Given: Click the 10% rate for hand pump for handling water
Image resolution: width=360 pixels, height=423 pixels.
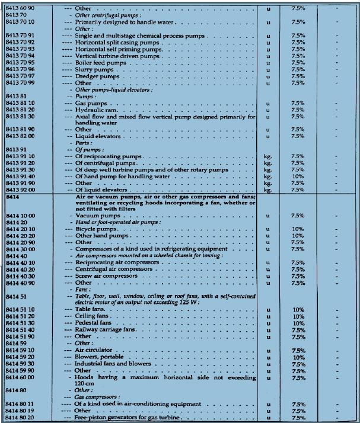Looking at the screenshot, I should point(298,176).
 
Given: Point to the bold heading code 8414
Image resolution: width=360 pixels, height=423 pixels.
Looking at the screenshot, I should point(12,196).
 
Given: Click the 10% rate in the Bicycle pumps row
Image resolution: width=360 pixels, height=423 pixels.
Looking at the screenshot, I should point(298,229).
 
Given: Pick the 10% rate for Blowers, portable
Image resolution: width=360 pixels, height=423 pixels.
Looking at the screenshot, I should point(298,357).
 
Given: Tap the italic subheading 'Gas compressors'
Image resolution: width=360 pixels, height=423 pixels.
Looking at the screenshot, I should point(97,397).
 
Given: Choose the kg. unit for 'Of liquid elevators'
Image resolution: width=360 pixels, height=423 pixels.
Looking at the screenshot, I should point(268,190).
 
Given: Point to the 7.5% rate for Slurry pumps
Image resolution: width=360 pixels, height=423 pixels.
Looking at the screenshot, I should point(298,69).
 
